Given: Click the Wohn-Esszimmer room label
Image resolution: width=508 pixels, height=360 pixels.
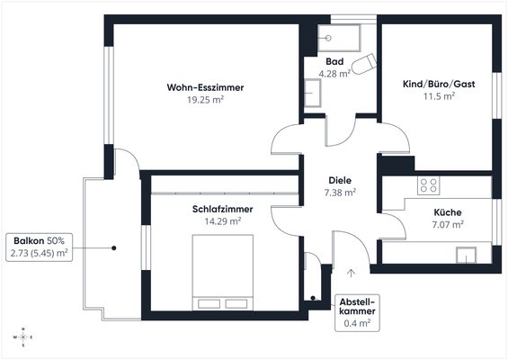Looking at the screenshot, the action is (x=205, y=87).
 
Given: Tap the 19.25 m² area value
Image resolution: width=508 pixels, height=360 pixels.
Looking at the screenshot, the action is (x=205, y=100).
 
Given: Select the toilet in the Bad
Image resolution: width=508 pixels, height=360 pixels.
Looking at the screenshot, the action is (x=363, y=64).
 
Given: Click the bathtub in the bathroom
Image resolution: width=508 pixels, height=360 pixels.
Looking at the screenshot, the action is (x=339, y=38).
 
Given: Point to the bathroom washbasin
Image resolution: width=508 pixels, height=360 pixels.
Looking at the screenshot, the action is (x=313, y=93).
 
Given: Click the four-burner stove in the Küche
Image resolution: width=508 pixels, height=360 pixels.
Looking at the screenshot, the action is (x=428, y=185).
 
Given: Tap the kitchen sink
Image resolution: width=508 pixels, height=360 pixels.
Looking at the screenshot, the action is (x=467, y=256).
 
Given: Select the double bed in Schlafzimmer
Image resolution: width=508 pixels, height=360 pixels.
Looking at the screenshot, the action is (x=223, y=273).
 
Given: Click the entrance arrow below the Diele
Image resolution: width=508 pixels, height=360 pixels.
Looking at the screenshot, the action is (x=351, y=273).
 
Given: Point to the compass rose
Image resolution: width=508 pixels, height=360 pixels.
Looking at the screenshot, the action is (x=23, y=337).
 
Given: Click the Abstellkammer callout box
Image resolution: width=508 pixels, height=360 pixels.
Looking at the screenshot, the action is (x=357, y=313).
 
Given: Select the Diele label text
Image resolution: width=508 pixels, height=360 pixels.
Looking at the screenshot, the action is (x=340, y=180).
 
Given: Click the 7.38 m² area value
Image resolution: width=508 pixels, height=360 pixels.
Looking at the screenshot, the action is (x=340, y=193).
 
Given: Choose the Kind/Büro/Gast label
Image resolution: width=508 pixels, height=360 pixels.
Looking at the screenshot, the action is (x=439, y=84).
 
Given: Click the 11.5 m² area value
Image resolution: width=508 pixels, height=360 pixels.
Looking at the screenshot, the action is (x=439, y=96).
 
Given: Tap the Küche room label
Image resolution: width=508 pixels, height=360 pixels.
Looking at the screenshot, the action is (x=448, y=212).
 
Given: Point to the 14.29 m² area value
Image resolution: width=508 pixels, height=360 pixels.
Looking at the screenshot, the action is (x=223, y=221).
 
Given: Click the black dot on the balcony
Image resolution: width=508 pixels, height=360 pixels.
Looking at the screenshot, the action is (x=114, y=248).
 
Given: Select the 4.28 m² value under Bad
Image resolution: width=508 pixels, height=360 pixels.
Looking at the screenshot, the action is (x=334, y=74).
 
